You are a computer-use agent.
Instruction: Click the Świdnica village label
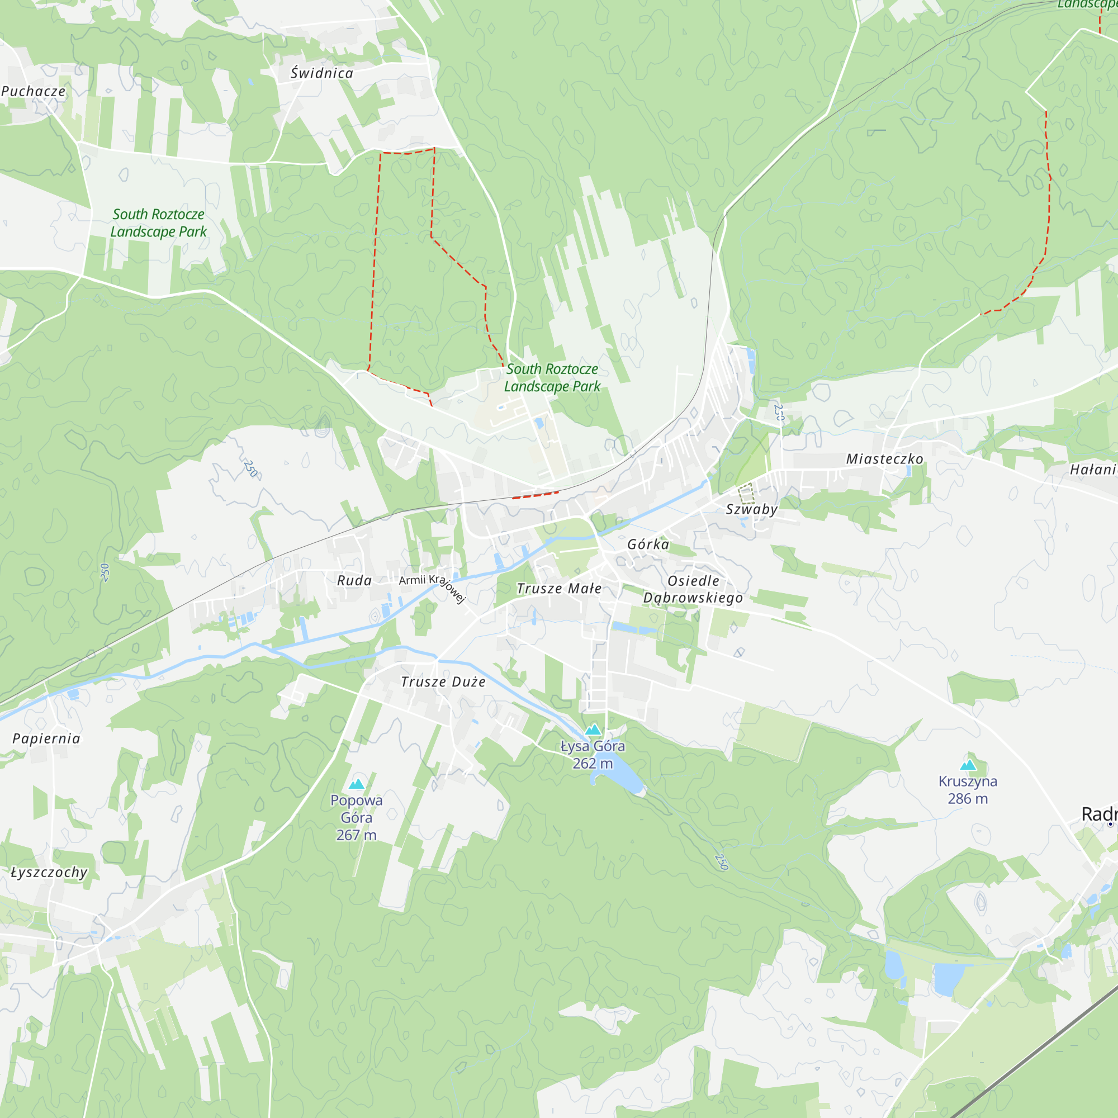322,73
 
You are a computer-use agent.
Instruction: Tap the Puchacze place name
34,92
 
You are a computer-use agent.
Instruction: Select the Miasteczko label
885,459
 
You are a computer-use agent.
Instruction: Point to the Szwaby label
752,509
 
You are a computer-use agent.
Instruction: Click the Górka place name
648,544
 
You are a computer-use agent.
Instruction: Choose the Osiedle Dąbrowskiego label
693,589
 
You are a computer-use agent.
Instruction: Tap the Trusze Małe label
559,589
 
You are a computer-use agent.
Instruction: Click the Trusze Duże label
443,681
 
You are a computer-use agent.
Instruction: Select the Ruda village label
355,580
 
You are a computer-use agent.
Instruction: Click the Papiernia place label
46,738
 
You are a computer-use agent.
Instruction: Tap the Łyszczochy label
49,872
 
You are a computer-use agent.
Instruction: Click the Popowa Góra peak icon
357,784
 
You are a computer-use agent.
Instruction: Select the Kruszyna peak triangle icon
968,765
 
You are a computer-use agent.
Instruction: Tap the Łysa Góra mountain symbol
593,729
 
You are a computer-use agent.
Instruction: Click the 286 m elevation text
968,799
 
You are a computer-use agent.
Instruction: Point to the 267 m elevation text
357,835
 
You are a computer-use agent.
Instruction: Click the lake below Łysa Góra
622,778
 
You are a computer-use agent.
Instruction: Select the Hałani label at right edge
1092,470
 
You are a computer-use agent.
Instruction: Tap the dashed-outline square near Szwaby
746,494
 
